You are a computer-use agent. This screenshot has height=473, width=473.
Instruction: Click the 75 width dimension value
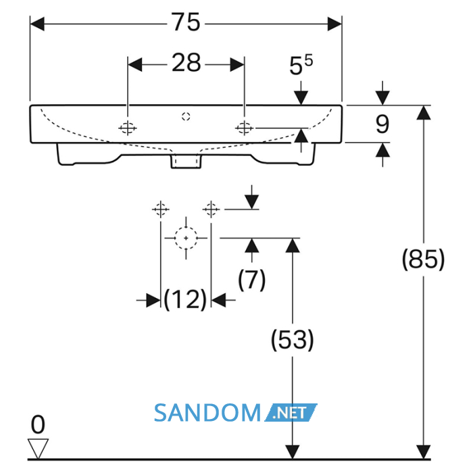click(x=186, y=22)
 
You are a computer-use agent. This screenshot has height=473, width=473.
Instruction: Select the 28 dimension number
click(x=186, y=62)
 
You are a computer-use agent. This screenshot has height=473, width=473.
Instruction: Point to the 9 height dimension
click(x=382, y=124)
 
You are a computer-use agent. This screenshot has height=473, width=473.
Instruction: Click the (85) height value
click(x=423, y=259)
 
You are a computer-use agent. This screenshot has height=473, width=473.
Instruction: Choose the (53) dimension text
click(x=292, y=340)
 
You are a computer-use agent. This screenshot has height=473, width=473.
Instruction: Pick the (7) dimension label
click(x=252, y=280)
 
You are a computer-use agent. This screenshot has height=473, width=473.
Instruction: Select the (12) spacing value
click(x=185, y=299)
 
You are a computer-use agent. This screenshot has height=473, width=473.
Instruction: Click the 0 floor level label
click(x=38, y=424)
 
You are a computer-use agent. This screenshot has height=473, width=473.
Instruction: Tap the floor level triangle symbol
click(x=38, y=449)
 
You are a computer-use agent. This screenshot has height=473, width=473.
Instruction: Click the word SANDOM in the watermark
click(x=207, y=413)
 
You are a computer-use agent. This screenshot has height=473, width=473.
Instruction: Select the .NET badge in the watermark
click(x=291, y=413)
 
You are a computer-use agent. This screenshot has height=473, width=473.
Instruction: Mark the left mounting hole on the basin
click(x=128, y=128)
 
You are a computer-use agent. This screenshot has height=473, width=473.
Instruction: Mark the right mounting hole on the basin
click(x=245, y=128)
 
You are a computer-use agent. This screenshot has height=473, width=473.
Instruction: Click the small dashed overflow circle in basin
click(x=186, y=116)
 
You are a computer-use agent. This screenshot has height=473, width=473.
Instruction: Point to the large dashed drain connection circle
click(x=186, y=238)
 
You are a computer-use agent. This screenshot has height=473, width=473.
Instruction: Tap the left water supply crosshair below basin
click(x=161, y=209)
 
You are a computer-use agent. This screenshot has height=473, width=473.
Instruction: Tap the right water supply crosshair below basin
click(x=211, y=209)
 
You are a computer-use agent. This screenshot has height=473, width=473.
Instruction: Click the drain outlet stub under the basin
click(x=186, y=161)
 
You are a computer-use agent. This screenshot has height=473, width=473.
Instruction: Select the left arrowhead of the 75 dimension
click(x=37, y=24)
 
